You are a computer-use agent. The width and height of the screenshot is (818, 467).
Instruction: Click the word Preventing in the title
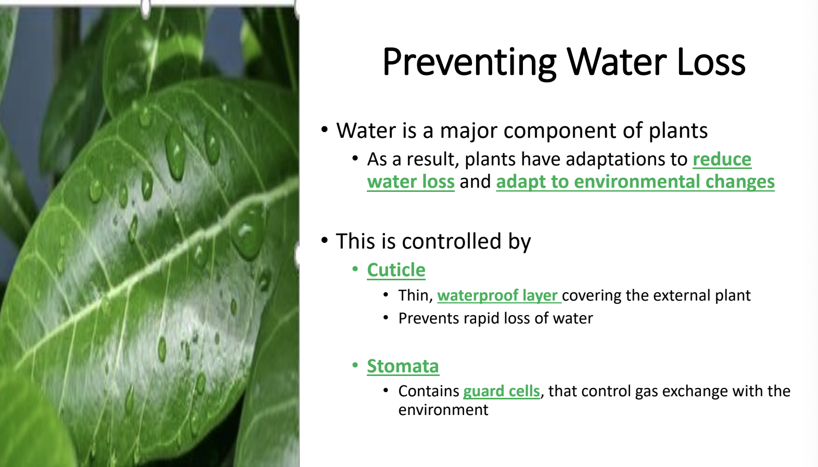[x=469, y=63]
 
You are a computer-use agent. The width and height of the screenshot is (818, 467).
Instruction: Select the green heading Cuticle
[x=396, y=270]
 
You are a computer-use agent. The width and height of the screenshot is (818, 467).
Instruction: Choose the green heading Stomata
[x=403, y=366]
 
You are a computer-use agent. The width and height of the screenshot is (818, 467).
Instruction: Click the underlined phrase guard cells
[x=502, y=392]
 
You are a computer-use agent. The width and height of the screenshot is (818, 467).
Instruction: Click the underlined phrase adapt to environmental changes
[x=635, y=181]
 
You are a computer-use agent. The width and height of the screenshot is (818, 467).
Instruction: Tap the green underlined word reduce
[x=722, y=160]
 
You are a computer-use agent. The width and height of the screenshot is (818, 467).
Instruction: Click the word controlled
[x=451, y=241]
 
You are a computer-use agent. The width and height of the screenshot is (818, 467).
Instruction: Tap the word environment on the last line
[x=443, y=410]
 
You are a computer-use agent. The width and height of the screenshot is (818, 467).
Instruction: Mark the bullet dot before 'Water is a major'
[x=324, y=129]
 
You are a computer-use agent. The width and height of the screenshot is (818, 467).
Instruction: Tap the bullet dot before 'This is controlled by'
[x=324, y=240]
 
